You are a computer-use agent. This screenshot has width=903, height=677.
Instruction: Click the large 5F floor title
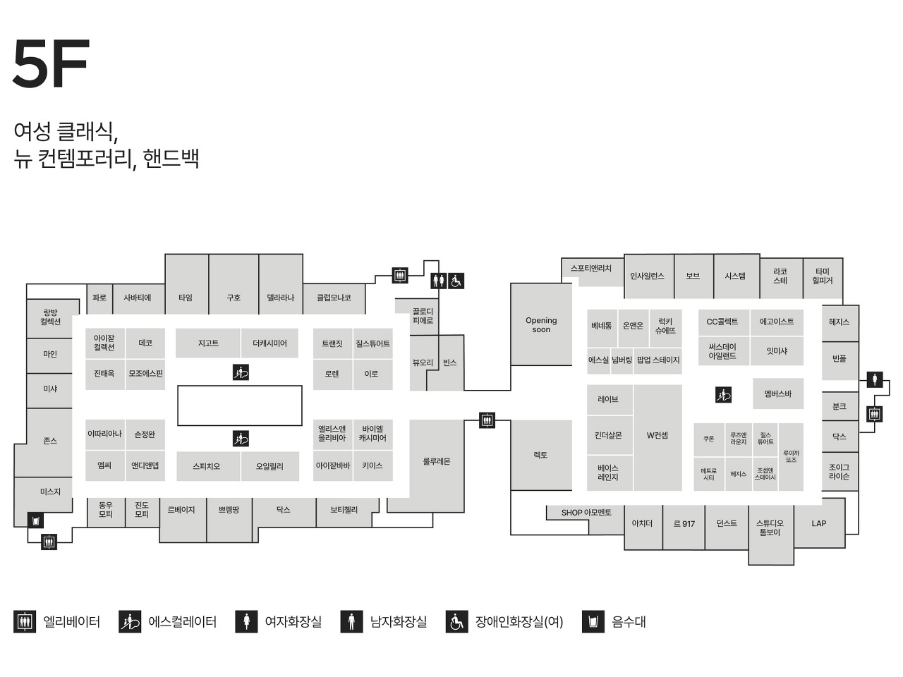click(x=51, y=64)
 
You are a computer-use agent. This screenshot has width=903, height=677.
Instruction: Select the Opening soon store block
click(x=541, y=325)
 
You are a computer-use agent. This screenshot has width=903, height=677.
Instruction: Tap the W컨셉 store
click(x=657, y=436)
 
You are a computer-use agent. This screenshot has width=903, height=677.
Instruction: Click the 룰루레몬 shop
click(x=437, y=462)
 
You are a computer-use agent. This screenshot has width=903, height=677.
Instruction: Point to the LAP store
click(x=818, y=523)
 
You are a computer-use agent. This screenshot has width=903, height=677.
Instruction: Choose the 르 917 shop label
click(x=684, y=524)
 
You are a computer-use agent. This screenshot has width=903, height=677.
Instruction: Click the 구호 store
click(x=234, y=298)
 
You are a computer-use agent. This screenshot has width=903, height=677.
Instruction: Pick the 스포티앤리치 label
click(x=591, y=269)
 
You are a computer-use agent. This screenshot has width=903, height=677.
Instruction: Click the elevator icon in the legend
click(x=25, y=622)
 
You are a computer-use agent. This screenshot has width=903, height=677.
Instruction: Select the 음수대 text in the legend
click(x=629, y=622)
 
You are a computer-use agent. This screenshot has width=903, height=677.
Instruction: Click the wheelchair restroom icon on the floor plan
click(x=456, y=281)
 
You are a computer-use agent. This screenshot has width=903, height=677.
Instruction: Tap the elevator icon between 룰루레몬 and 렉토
click(x=487, y=420)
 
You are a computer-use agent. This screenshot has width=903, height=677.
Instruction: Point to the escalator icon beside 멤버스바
click(x=723, y=395)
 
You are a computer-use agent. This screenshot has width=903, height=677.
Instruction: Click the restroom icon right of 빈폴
click(x=875, y=380)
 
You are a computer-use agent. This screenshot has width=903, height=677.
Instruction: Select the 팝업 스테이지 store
click(x=658, y=360)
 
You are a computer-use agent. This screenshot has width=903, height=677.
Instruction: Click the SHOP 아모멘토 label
click(x=586, y=513)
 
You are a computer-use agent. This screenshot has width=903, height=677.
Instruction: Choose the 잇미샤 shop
click(x=777, y=351)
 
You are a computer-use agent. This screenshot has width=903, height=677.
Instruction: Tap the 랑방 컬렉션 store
click(x=50, y=317)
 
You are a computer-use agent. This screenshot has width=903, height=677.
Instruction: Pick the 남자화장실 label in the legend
click(x=398, y=622)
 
